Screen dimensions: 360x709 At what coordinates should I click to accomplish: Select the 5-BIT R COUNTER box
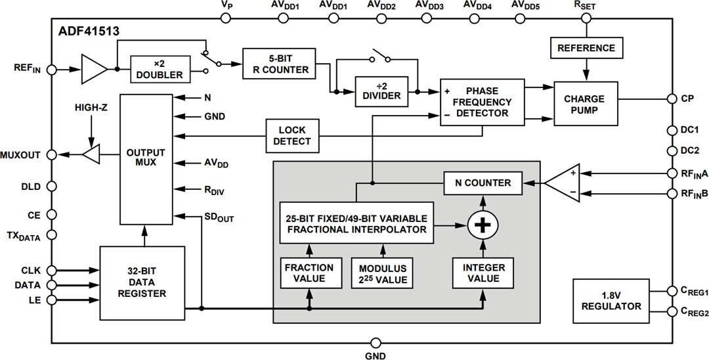[x=275, y=63]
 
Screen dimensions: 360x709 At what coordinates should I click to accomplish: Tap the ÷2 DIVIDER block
[x=381, y=90]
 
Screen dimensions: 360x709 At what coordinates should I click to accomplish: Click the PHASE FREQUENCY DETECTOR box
[x=483, y=102]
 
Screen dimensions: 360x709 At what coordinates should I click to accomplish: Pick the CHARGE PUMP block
[x=586, y=104]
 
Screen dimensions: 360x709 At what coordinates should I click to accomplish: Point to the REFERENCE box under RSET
[x=586, y=48]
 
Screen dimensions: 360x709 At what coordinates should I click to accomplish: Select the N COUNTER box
[x=482, y=183]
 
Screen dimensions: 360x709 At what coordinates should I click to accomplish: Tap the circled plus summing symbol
[x=483, y=225]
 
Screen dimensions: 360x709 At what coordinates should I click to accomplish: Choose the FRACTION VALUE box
[x=309, y=273]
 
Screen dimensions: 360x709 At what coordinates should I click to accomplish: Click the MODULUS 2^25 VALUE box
[x=383, y=273]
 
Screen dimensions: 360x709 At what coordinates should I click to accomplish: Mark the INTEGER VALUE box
[x=483, y=273]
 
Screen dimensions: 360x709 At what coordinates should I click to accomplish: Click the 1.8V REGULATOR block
[x=611, y=301]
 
